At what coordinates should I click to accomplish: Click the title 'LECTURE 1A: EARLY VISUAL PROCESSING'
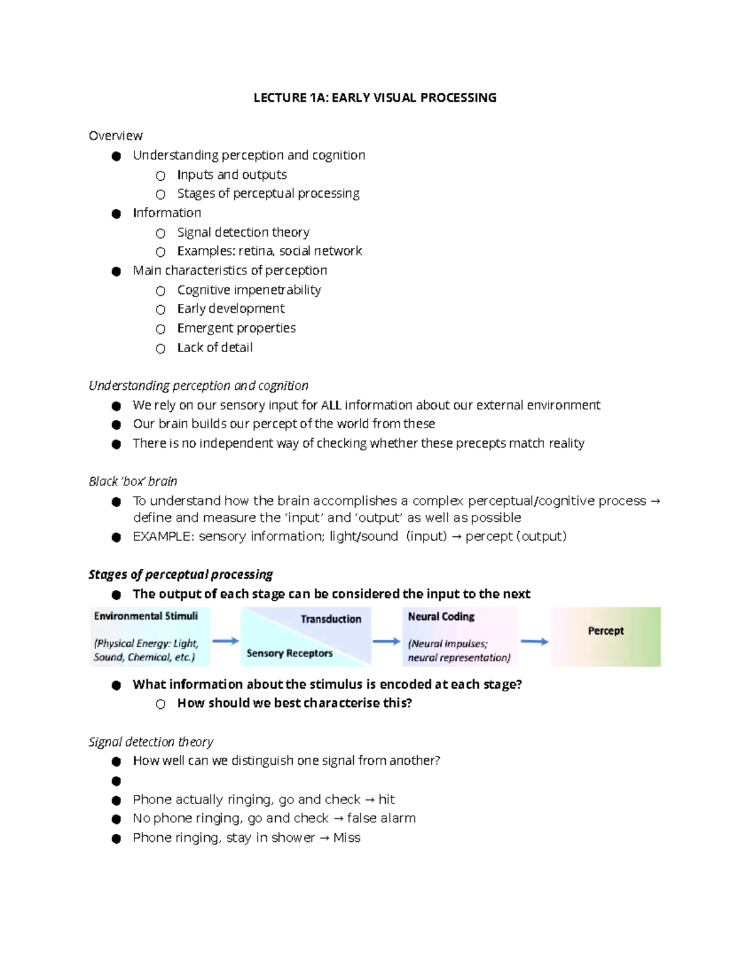click(x=374, y=97)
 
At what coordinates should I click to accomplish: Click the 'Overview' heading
click(x=116, y=136)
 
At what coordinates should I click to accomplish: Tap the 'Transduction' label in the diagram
click(x=331, y=619)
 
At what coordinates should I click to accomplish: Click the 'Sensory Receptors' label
click(x=289, y=653)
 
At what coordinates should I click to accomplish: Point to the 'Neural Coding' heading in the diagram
click(x=440, y=617)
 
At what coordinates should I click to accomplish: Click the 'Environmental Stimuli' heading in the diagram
click(x=146, y=616)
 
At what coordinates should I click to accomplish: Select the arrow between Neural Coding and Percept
click(x=535, y=641)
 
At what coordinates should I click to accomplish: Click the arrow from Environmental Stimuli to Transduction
click(x=225, y=641)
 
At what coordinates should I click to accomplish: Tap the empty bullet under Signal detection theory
click(x=116, y=781)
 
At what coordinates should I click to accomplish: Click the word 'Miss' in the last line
click(x=347, y=838)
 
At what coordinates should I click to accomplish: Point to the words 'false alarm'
click(x=381, y=818)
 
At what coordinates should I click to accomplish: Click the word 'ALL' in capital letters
click(x=331, y=405)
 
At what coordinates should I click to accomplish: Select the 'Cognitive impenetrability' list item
click(x=249, y=289)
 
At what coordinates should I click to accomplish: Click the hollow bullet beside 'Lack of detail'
click(x=161, y=348)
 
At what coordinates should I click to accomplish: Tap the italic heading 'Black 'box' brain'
click(x=133, y=481)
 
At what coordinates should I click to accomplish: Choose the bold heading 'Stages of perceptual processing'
click(x=180, y=574)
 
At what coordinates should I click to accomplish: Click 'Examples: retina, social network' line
click(x=270, y=251)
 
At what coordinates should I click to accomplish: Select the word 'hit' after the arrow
click(x=386, y=799)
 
